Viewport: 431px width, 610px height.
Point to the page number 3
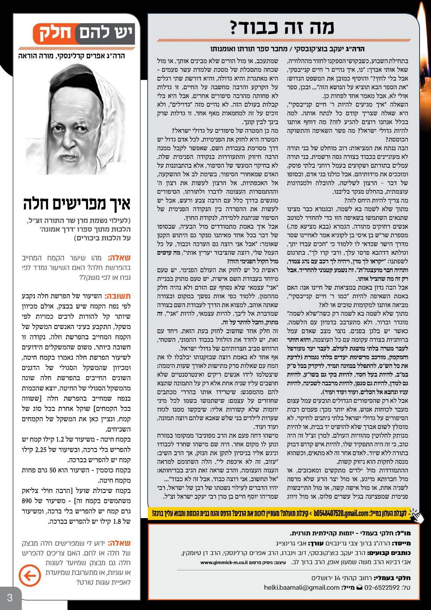(x=10, y=597)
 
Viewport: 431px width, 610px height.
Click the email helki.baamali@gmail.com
(x=296, y=588)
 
